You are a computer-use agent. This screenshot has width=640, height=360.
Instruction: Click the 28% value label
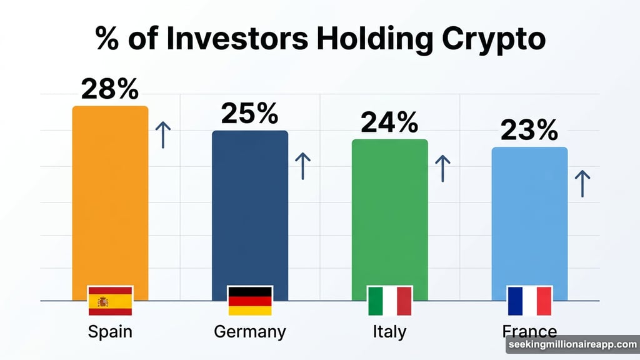110,90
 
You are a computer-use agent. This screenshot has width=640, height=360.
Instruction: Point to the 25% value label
250,114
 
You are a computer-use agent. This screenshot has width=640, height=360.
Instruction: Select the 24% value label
389,122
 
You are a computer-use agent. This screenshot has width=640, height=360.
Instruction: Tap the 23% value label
529,131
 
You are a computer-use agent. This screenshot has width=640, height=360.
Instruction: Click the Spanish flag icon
110,301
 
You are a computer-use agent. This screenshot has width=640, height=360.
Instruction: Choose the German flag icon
250,301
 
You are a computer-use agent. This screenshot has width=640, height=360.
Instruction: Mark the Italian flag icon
390,301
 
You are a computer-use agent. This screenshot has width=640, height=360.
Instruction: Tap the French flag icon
530,301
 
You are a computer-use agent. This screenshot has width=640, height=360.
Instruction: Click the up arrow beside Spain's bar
163,135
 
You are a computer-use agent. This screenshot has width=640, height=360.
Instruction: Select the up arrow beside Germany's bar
302,166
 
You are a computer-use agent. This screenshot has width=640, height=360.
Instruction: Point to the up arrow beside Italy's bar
442,169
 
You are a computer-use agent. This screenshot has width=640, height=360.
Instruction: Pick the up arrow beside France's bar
582,184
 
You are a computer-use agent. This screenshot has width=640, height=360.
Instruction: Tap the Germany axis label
250,331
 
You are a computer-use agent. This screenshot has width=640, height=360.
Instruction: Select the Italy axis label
389,331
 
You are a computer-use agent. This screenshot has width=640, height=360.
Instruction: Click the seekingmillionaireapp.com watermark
571,345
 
